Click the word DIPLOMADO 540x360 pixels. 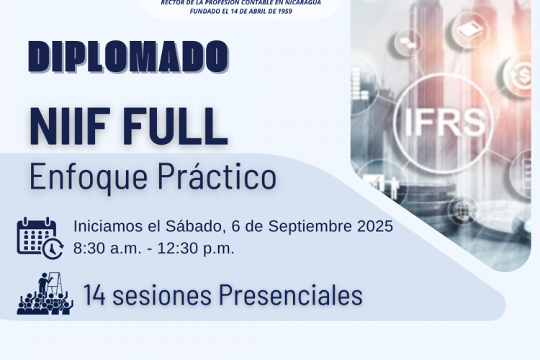pos(128,57)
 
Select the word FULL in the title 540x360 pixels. pos(179,127)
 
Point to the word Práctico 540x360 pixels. pos(217,176)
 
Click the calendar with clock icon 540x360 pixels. pos(40,238)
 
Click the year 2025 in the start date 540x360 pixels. pos(375,226)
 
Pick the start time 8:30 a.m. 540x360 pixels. pos(107,248)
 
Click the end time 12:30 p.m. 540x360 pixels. pos(196,248)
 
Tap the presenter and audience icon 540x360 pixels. pos(45,294)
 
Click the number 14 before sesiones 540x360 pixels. pos(94,296)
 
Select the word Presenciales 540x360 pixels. pos(291,295)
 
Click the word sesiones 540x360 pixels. pos(162,295)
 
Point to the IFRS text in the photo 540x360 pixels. pos(445,122)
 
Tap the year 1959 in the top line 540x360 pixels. pos(285,11)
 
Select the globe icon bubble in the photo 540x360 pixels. pos(462,209)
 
